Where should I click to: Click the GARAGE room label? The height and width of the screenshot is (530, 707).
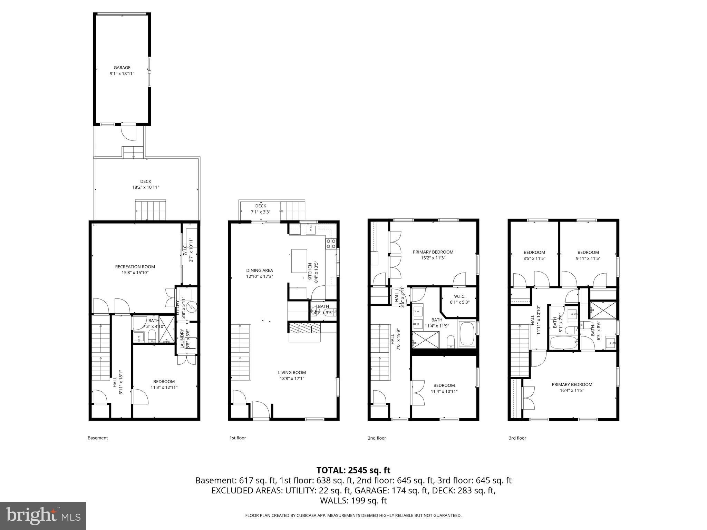pos(122,68)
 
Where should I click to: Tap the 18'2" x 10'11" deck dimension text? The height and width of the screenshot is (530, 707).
pos(145,187)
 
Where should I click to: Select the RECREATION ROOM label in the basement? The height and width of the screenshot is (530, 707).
pos(135,266)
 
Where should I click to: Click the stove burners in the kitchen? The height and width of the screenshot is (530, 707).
pos(331,244)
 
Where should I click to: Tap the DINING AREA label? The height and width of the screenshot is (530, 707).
pos(259,270)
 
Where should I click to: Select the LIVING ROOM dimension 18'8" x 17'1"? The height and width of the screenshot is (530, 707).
pos(292,379)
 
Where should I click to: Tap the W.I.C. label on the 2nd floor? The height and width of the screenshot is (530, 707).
pos(459,296)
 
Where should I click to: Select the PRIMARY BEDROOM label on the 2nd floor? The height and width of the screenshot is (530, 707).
pos(433,252)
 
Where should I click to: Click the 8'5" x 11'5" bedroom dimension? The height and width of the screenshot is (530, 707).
pos(534,258)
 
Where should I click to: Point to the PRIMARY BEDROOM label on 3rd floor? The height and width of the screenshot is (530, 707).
pos(572,384)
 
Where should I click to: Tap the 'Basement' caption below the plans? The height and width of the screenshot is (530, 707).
pos(98,438)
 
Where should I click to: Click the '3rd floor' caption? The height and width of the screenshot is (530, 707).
pos(517,438)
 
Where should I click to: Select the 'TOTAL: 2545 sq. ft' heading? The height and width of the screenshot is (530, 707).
pos(353,470)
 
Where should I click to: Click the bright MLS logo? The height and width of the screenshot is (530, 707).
pos(43,516)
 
